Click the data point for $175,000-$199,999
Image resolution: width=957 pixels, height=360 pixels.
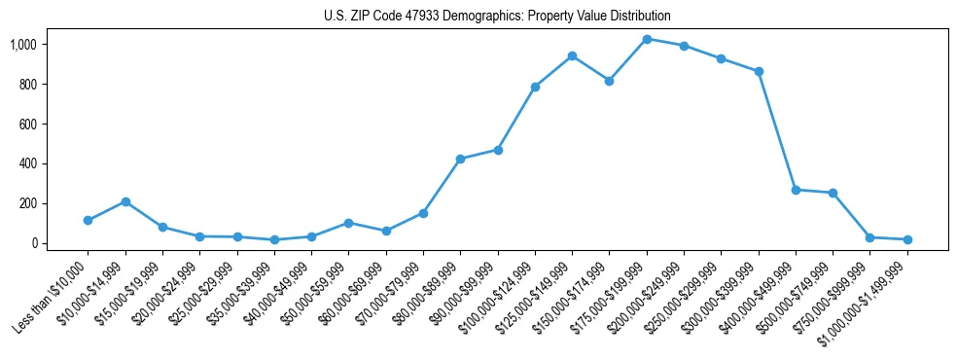647,39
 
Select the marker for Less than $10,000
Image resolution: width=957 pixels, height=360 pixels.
88,220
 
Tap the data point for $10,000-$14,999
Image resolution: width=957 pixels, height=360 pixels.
125,201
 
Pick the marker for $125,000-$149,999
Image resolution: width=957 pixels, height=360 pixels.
572,55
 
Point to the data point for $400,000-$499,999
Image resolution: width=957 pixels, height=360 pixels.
796,190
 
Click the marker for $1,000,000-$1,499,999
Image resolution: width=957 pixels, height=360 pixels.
907,239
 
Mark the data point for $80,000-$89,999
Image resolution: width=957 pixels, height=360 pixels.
460,159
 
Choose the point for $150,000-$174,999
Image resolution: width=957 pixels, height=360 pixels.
609,81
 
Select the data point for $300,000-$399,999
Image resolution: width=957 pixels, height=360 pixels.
759,71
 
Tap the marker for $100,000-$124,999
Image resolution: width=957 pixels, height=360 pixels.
535,87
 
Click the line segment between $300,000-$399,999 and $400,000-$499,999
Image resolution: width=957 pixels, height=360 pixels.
777,130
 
